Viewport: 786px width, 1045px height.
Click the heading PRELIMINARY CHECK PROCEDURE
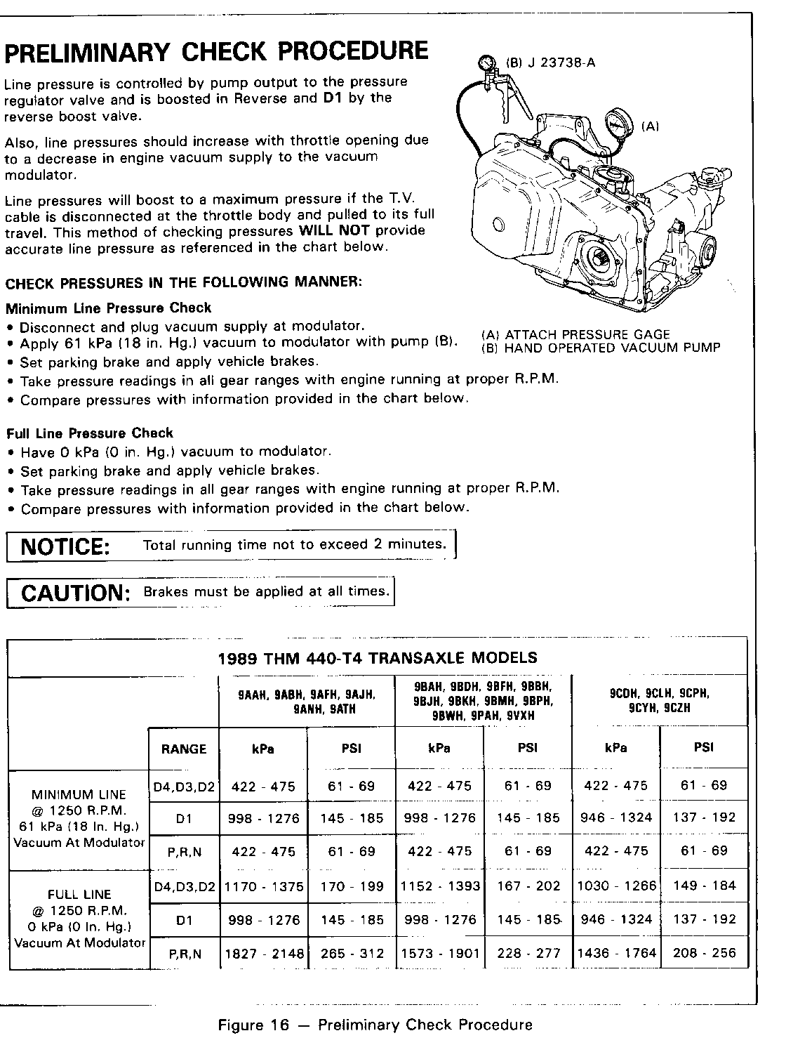click(x=216, y=53)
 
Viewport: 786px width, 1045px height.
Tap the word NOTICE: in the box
click(x=65, y=546)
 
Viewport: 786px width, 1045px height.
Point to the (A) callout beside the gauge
click(x=651, y=126)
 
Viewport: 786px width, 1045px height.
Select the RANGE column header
click(x=184, y=749)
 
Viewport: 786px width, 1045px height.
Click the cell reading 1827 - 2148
click(x=264, y=953)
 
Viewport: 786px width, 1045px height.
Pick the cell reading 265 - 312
click(x=352, y=953)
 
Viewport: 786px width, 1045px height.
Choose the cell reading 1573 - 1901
click(x=440, y=953)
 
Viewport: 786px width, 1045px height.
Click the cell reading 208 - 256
click(x=704, y=952)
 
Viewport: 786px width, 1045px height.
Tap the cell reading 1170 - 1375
click(x=264, y=886)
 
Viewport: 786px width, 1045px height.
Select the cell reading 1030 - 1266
click(x=616, y=886)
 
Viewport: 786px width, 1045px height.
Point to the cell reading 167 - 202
click(x=528, y=886)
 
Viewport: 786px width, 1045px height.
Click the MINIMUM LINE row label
click(x=79, y=795)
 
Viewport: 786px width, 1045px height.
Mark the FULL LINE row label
click(x=79, y=895)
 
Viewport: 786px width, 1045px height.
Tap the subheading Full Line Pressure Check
click(x=89, y=433)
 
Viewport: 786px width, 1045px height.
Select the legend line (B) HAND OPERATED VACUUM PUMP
click(x=601, y=348)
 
